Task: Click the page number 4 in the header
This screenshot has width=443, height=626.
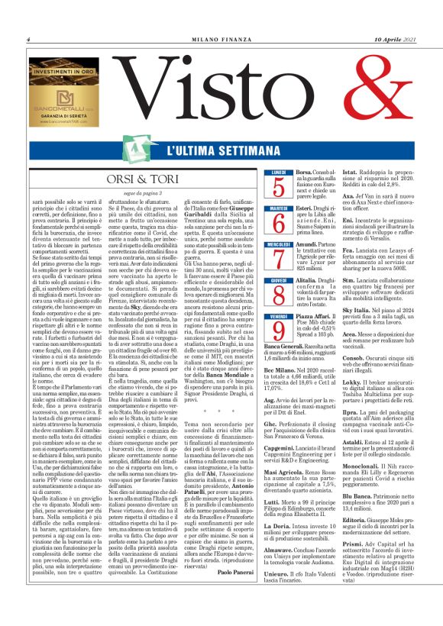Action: (x=27, y=40)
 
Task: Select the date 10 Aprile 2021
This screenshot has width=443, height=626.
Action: (x=395, y=40)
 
